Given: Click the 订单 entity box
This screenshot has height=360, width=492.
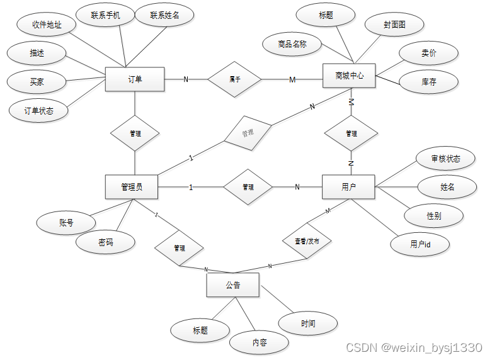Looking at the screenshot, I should (135, 79).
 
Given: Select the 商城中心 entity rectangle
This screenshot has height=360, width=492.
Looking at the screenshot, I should (349, 76).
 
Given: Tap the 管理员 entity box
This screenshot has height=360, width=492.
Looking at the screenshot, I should (131, 187).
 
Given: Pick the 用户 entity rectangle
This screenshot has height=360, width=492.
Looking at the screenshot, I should (348, 187).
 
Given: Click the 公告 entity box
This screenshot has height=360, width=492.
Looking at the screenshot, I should (232, 285).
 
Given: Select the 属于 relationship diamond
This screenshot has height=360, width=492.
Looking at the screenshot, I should (234, 79).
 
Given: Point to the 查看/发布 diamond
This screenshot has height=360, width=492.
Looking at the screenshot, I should (307, 241).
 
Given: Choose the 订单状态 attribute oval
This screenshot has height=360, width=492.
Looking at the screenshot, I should (39, 111).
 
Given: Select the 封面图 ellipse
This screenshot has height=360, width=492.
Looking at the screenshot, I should (394, 25).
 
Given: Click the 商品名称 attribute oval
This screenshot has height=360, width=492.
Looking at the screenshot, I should (291, 44).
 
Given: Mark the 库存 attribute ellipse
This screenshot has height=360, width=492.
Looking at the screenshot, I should (429, 81).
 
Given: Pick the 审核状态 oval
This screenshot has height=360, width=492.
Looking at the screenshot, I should (446, 159).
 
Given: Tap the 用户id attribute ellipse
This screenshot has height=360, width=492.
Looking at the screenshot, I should (420, 244).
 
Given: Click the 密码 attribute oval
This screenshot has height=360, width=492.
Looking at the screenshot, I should (106, 242).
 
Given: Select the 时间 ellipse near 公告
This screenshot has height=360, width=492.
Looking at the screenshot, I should (308, 323).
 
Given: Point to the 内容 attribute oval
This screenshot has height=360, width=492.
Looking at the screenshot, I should (260, 342).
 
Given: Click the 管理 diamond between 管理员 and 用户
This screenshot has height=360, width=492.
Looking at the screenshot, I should (248, 187).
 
